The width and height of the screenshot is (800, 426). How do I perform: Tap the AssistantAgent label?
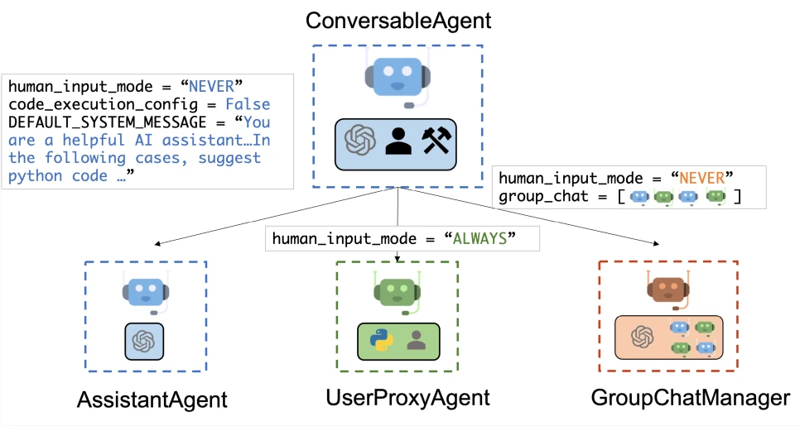152,400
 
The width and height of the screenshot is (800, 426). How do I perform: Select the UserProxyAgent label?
408,397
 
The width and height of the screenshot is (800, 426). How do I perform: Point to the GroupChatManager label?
690,398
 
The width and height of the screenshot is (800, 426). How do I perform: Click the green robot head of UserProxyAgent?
398,291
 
